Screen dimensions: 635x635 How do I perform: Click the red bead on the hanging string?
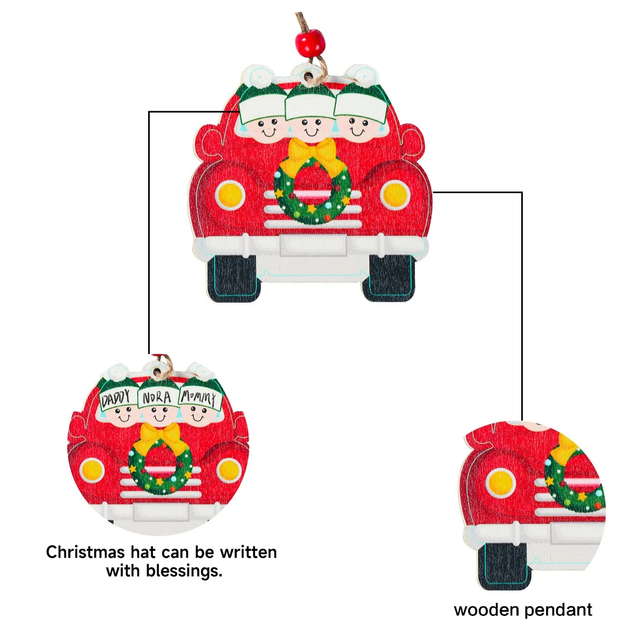tap(310, 40)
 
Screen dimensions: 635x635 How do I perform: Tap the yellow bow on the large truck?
tap(312, 150)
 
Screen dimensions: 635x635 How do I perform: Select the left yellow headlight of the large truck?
tap(231, 195)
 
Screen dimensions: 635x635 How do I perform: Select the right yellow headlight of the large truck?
tap(395, 195)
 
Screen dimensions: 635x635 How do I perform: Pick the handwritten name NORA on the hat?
tap(157, 396)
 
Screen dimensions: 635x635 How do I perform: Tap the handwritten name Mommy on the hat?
tap(198, 397)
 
